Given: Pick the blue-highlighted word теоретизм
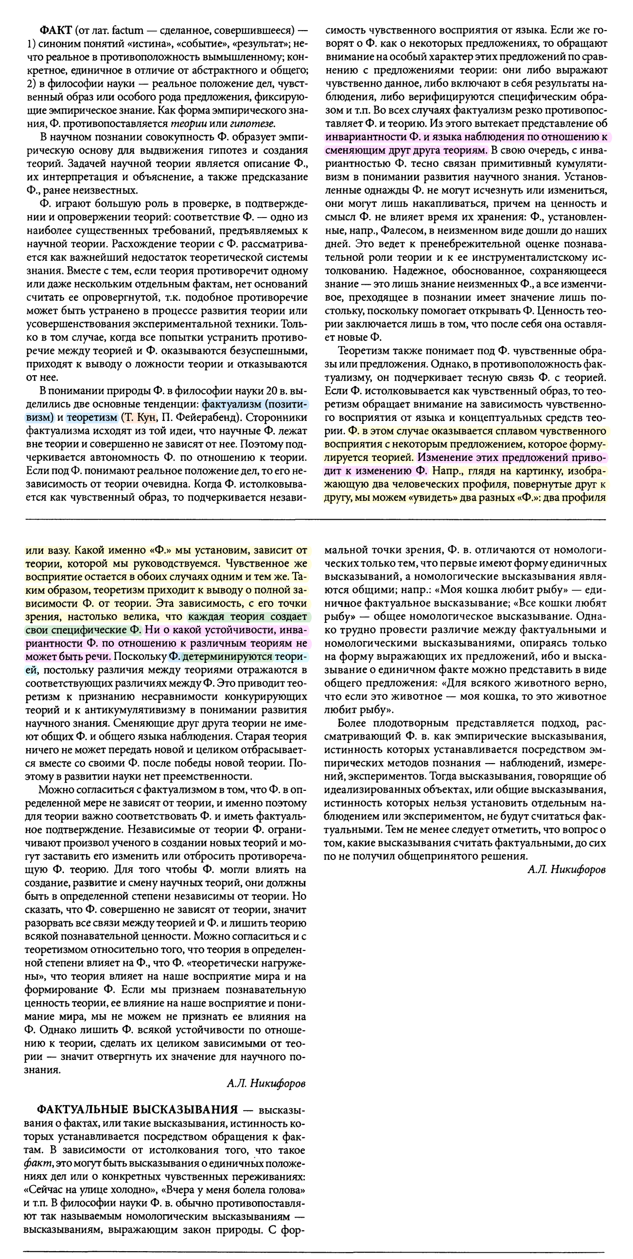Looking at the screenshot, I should [x=92, y=418].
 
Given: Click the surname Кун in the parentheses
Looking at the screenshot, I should [x=148, y=418].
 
